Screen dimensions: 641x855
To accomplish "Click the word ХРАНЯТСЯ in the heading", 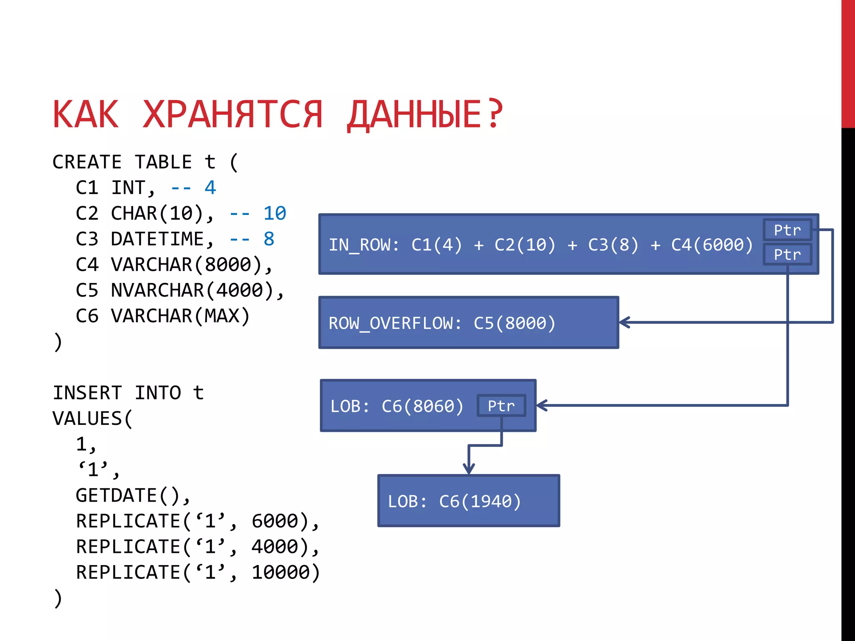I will (x=233, y=115).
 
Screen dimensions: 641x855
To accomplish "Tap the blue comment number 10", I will (x=274, y=214).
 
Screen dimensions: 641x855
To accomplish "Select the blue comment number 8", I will (x=269, y=239).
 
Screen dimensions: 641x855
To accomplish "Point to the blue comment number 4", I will (x=210, y=188).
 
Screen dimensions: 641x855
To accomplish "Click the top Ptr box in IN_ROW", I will (x=787, y=230).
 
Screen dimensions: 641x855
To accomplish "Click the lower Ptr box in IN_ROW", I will (x=787, y=254).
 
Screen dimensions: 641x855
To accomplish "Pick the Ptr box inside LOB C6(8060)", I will (x=501, y=406).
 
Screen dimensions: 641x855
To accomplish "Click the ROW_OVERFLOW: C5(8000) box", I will (x=468, y=323).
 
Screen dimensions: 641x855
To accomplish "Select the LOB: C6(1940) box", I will (x=468, y=501).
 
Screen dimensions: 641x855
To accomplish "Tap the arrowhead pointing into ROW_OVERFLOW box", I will (x=624, y=322).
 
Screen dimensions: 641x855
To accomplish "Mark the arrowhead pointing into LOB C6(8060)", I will (x=541, y=405).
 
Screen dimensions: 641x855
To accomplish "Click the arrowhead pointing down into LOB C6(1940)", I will (x=469, y=469).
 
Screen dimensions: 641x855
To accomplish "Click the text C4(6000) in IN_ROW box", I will (x=712, y=245).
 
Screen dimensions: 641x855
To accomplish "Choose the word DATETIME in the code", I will (x=157, y=239).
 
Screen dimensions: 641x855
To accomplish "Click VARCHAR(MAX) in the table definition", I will (x=180, y=316).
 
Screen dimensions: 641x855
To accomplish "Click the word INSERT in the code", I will (x=87, y=393).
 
